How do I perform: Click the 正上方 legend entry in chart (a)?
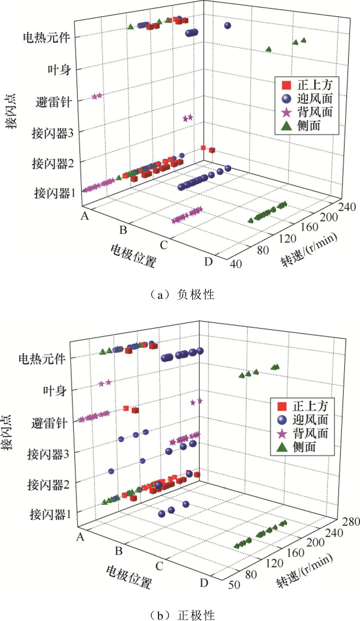308,85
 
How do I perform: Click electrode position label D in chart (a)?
209,261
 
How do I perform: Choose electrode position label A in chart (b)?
80,537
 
